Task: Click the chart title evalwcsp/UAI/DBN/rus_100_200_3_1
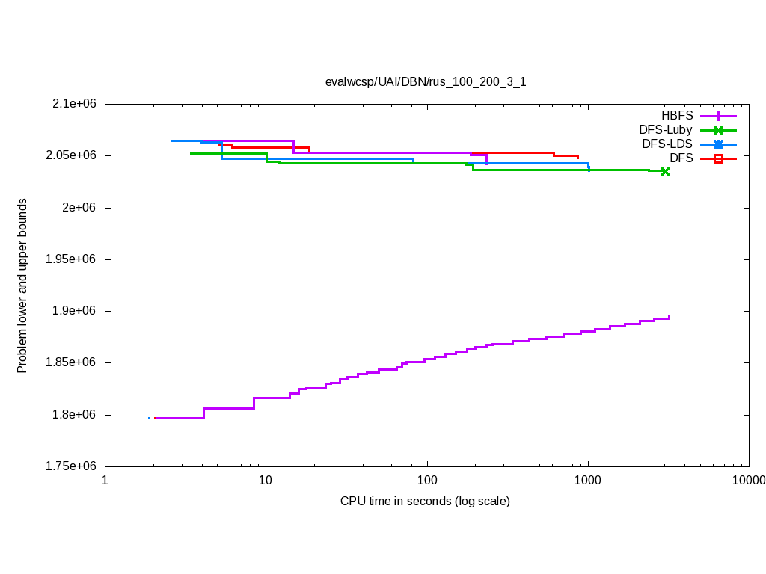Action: (x=425, y=82)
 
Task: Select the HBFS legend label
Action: (x=677, y=116)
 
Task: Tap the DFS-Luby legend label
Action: (x=665, y=130)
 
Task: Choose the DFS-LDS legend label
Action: (x=667, y=143)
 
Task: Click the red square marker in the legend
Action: (x=718, y=158)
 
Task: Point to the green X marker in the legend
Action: (x=718, y=130)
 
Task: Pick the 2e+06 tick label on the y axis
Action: (x=81, y=208)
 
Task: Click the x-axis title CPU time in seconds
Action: (x=425, y=501)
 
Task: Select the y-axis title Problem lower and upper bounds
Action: (x=22, y=286)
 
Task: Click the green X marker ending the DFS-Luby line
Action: (x=665, y=171)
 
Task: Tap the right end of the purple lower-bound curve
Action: (x=669, y=317)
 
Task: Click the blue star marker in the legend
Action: (x=718, y=143)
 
